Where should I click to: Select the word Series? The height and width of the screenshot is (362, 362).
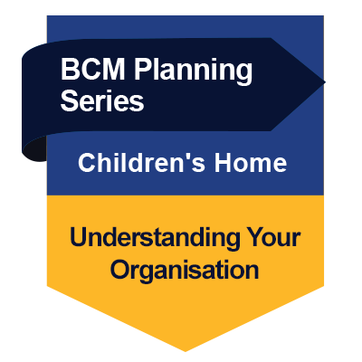[x=101, y=101]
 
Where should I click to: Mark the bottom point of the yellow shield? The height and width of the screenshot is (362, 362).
[x=185, y=349]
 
